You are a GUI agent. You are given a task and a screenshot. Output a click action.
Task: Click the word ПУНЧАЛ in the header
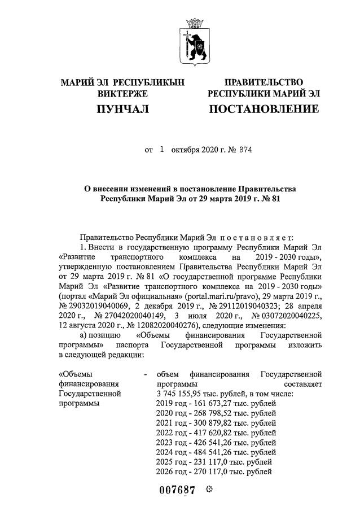click(122, 109)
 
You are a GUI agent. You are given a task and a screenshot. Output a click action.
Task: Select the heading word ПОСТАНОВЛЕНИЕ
click(264, 109)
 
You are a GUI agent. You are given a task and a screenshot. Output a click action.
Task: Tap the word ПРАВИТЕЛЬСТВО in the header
click(264, 83)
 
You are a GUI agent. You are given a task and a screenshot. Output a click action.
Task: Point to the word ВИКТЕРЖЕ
click(122, 93)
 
